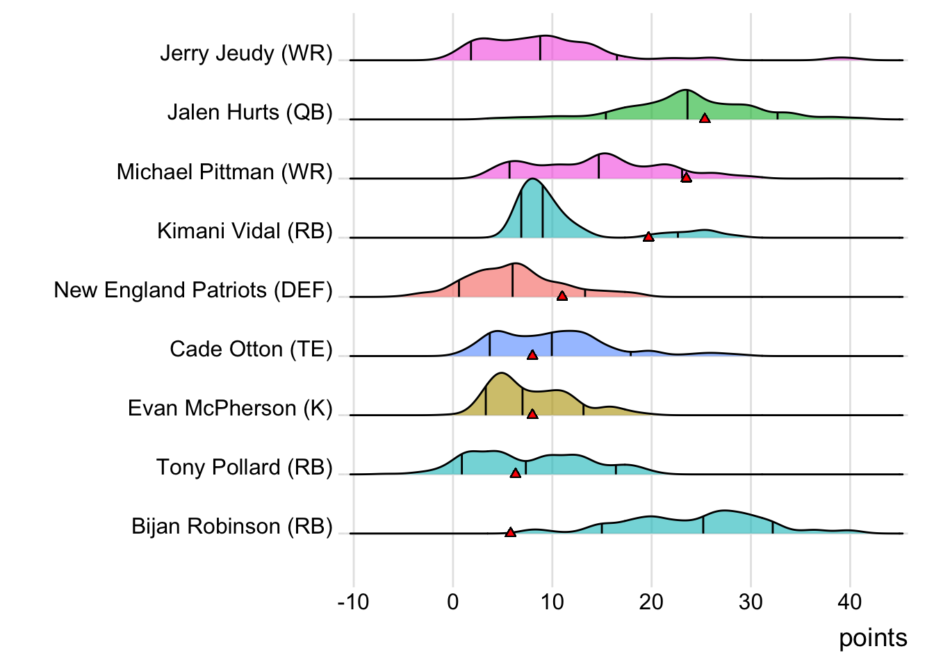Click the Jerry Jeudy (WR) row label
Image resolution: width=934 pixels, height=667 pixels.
coord(246,53)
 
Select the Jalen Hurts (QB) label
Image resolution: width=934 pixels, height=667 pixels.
coord(250,113)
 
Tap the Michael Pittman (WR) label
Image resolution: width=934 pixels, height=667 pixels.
coord(224,172)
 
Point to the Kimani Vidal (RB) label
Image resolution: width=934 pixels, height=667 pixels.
coord(245,231)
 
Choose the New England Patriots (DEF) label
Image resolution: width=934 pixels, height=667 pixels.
coord(193,290)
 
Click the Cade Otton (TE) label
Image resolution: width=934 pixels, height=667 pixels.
coord(251,349)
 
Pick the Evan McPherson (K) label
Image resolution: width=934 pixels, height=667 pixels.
coord(230,408)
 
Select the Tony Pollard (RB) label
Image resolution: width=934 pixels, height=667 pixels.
coord(244,467)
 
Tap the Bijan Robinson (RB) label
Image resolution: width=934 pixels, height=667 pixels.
coord(232,526)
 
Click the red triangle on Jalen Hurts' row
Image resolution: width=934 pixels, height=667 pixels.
coord(705,119)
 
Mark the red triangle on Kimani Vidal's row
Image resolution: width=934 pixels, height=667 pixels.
coord(648,237)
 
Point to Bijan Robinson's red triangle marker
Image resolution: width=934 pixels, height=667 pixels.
coord(510,532)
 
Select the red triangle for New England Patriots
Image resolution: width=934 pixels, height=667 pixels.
coord(562,296)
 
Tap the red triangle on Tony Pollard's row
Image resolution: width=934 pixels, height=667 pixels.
coord(515,473)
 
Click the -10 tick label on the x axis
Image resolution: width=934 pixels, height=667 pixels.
coord(353,602)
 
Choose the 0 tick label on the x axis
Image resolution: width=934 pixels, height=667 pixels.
coord(453,602)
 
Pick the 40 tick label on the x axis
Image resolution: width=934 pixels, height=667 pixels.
coord(850,602)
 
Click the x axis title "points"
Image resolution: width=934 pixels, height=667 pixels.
coord(873,638)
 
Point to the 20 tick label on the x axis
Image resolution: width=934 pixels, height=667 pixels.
coord(651,602)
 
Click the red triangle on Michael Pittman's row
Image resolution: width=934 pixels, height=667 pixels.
coord(686,178)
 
